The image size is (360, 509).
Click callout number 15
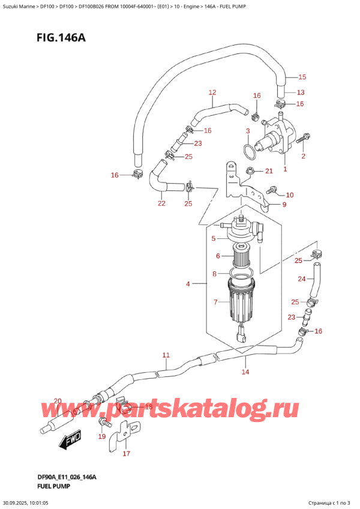coord(302,77)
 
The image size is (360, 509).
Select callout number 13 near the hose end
coord(301,92)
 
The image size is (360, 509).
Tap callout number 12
coord(212,92)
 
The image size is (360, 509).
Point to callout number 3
coord(247,130)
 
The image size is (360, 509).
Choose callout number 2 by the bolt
coord(304,157)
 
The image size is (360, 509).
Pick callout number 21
coord(269,172)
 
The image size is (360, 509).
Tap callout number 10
coord(290,194)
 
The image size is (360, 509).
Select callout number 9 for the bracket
coord(284,205)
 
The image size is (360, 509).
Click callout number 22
coord(161,203)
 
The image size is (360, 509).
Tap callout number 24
coord(302,278)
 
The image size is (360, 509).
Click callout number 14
coord(245,373)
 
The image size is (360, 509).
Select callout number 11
coord(166,355)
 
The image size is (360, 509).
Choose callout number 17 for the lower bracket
coord(126,454)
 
